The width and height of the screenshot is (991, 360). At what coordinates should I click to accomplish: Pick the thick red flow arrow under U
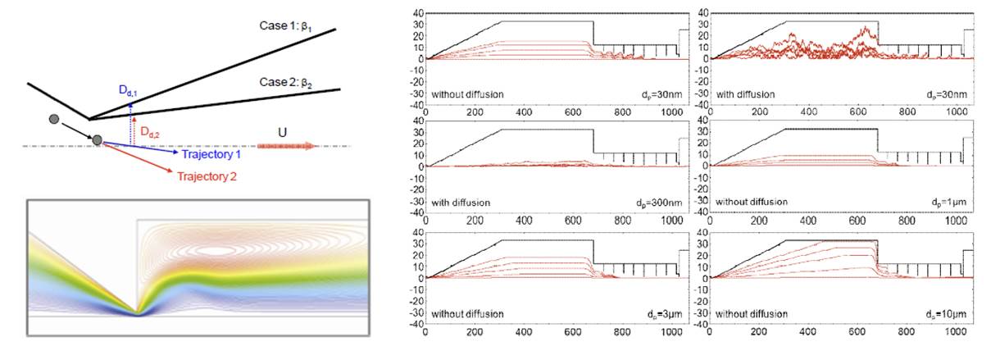click(286, 146)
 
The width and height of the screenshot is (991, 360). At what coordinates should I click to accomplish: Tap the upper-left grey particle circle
click(55, 120)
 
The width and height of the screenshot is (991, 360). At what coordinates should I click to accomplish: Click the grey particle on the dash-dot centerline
click(98, 141)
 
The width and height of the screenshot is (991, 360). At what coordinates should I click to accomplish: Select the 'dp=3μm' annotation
click(668, 313)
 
